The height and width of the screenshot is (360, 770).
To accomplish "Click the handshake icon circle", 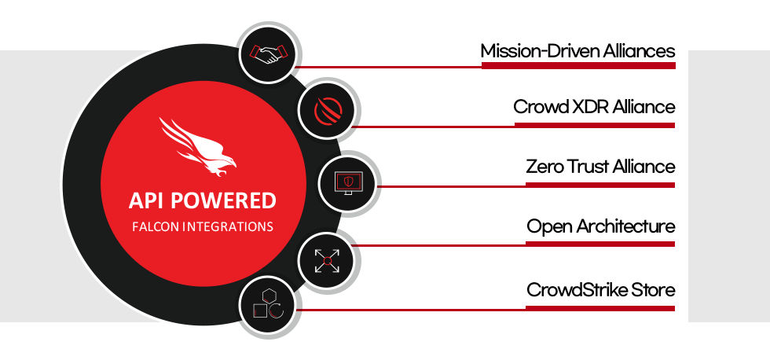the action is pos(269,53).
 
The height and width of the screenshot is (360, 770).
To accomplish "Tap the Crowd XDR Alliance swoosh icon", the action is pos(328,110).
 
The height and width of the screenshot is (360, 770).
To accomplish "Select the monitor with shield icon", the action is pos(348,182).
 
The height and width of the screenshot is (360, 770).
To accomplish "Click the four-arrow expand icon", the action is pos(328,260).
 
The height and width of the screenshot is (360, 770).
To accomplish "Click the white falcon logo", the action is pos(197,146).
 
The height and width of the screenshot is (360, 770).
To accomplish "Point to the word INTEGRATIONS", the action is pos(228,227).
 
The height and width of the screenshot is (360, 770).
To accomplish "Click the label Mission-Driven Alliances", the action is pos(577,50).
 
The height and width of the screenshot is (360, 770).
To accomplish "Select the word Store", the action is pos(653,290).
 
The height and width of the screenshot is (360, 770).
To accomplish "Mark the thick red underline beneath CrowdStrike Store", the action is pos(600,308).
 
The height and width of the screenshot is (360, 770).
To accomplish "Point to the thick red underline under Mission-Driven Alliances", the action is pos(578,65).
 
